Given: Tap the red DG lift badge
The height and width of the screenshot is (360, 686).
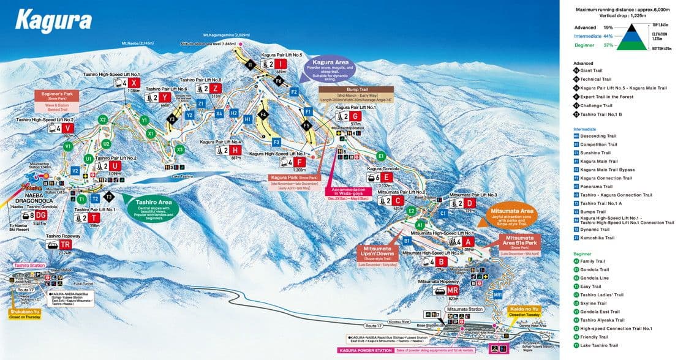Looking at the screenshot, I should coord(40,216).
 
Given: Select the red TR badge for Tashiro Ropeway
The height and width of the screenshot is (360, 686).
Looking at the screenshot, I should coord(66,244).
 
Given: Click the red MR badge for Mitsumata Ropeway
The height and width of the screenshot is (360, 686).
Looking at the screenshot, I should coord(453,290).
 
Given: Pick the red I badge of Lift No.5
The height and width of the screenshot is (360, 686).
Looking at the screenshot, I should coord(279,64).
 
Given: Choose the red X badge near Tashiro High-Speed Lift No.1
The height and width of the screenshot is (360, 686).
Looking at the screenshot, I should coord(135,83).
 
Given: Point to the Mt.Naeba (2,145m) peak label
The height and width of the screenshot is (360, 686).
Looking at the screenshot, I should coord(137,43).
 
